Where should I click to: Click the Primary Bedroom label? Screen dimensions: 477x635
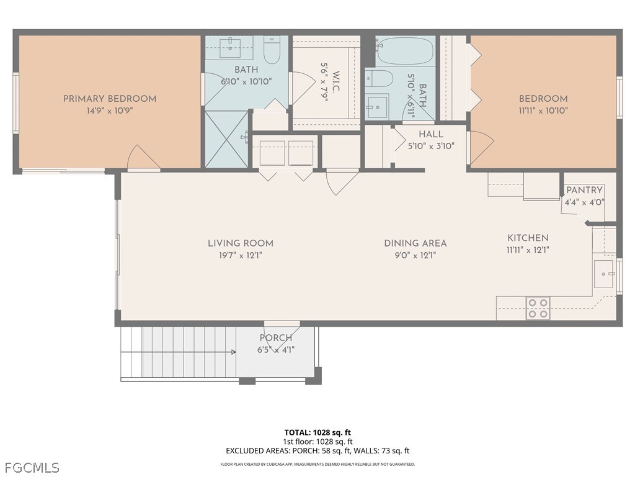click(110, 98)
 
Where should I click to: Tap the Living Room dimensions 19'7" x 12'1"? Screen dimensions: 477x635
click(241, 255)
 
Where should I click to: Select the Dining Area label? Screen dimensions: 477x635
click(415, 243)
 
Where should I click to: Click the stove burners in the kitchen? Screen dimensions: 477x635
click(538, 308)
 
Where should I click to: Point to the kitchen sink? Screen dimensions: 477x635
click(603, 274)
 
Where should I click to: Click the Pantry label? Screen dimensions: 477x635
click(584, 190)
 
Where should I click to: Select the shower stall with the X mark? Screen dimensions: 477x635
click(226, 139)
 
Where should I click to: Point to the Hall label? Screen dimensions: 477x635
click(431, 134)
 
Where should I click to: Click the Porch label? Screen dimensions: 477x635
click(276, 338)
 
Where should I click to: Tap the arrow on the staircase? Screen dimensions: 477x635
click(233, 352)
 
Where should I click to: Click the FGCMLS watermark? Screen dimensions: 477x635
click(32, 467)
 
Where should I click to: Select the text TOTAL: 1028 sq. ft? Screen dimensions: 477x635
click(317, 432)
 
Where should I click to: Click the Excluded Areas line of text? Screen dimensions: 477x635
click(317, 451)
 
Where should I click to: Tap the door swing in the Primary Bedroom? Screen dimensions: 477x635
click(143, 158)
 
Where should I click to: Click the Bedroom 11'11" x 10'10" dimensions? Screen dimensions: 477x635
click(543, 111)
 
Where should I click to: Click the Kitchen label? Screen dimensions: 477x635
click(528, 238)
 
